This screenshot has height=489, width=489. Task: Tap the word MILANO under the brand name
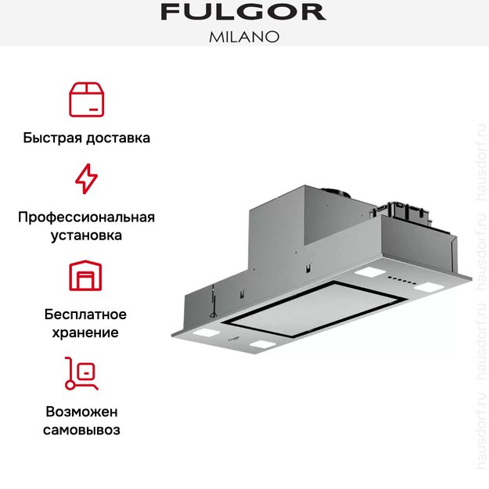[244, 37]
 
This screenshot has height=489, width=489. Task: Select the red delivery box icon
[86, 99]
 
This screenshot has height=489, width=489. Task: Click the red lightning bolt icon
[86, 179]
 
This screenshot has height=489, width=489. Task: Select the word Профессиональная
[86, 217]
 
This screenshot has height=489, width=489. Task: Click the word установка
[86, 235]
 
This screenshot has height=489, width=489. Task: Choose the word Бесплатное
[86, 314]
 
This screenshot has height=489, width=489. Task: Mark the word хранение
[86, 333]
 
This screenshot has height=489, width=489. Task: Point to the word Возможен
[86, 411]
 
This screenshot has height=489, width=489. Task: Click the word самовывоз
[86, 430]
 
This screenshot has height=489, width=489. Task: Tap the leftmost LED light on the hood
[204, 332]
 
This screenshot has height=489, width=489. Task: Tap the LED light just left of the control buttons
[366, 274]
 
